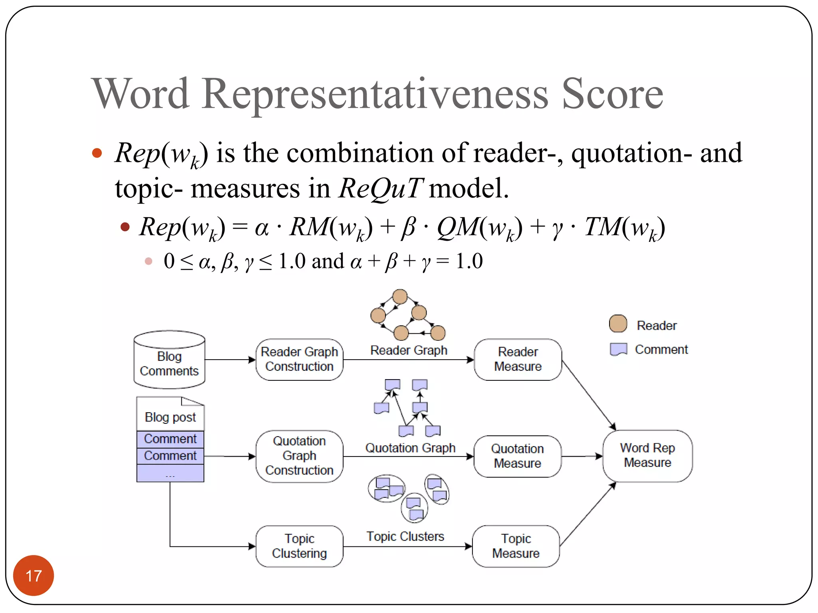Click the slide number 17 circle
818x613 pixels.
34,575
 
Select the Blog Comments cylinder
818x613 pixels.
169,360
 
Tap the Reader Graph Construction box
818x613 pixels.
299,359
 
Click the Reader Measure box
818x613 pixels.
518,359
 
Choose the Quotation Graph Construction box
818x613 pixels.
299,456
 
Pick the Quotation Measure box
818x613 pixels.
517,456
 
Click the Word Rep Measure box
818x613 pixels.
647,455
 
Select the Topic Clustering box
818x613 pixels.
299,546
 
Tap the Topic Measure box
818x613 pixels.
516,546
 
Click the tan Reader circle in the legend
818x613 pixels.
618,324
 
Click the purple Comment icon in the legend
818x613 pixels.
618,349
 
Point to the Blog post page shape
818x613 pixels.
170,414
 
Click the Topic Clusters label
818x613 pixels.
405,536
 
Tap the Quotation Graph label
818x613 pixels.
410,448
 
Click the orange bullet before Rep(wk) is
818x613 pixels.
97,153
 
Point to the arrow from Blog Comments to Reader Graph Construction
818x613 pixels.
230,360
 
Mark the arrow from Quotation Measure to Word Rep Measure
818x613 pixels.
582,456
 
